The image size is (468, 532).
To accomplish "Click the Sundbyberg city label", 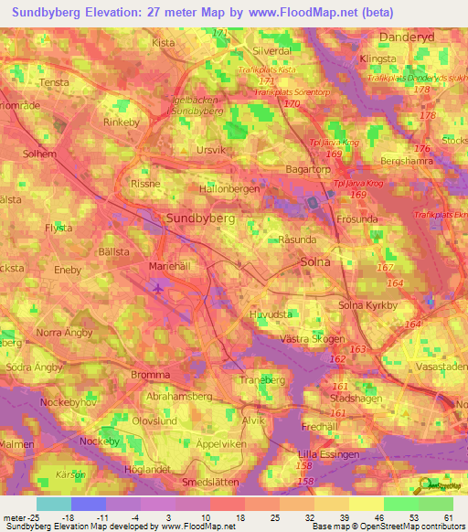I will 200,219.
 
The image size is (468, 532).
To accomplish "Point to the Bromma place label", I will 150,375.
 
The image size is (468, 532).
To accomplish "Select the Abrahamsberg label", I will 179,397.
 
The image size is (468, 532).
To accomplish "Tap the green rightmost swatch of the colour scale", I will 435,504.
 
